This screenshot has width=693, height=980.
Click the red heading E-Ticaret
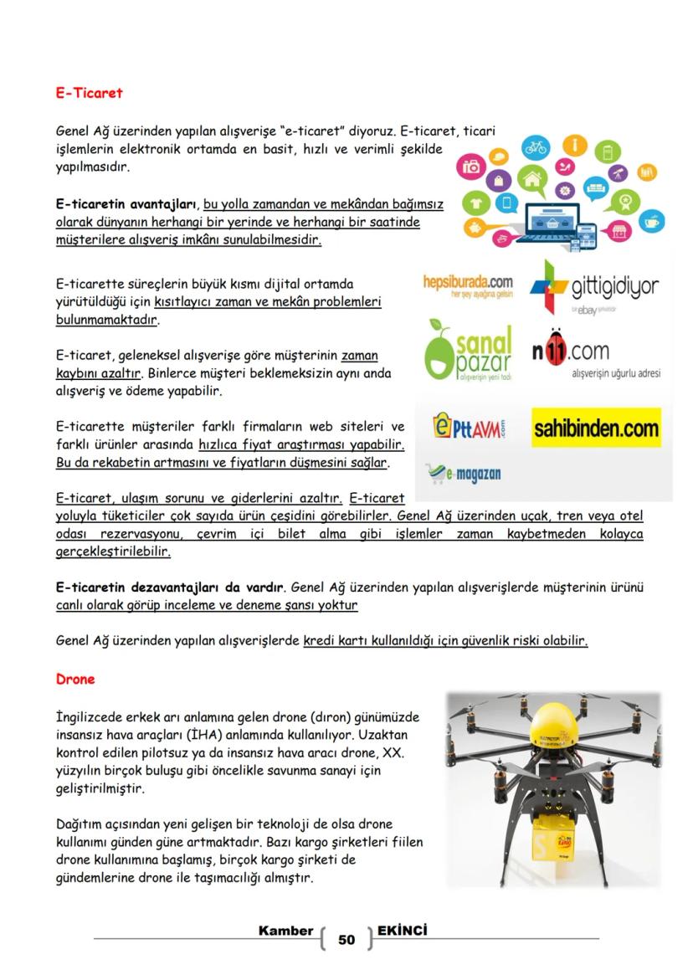(x=90, y=93)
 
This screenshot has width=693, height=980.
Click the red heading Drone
(x=75, y=680)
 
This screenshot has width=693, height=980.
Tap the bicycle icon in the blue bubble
(x=535, y=148)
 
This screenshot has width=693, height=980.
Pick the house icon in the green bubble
(x=531, y=177)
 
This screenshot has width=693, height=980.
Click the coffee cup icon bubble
(x=651, y=222)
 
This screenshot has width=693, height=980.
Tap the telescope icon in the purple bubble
(x=618, y=173)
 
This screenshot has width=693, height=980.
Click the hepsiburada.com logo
(x=468, y=285)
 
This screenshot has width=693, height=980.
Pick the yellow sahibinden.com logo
(x=596, y=428)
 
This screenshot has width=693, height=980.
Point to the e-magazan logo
(x=464, y=475)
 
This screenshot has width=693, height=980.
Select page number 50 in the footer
(x=346, y=940)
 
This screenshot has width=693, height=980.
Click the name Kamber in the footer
(x=285, y=931)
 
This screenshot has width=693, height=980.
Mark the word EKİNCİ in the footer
(x=403, y=930)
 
